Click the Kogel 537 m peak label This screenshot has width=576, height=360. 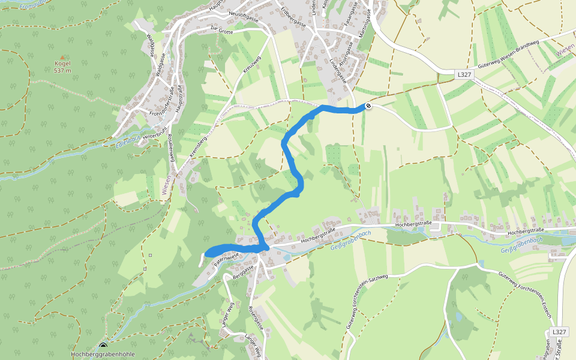(62, 67)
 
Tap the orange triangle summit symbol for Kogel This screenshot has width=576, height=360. (62, 58)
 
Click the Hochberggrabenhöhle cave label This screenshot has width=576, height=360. (103, 354)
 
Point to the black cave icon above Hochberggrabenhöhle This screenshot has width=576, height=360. (103, 346)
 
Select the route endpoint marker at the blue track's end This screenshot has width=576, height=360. (367, 106)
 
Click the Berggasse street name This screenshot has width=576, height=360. (244, 271)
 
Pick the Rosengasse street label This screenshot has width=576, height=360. (256, 319)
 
